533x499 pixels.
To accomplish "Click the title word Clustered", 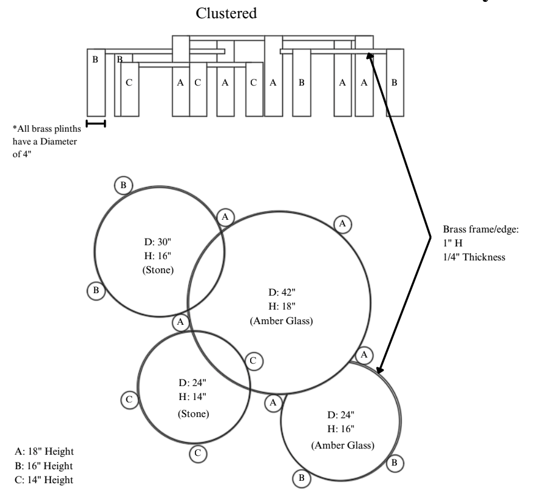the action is point(226,13).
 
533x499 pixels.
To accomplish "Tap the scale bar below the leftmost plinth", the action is point(96,123).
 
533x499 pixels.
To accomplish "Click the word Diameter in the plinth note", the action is point(58,141).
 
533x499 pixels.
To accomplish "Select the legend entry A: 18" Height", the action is point(44,452).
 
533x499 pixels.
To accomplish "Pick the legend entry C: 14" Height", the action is point(44,480).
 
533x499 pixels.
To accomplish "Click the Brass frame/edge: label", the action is point(481,229).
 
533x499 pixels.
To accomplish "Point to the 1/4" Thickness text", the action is point(474,257).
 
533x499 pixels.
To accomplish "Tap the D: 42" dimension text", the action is point(282,293).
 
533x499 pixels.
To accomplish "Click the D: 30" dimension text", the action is point(157,242).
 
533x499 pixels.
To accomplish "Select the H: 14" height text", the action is point(192,396).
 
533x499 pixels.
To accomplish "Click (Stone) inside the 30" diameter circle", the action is point(158,270).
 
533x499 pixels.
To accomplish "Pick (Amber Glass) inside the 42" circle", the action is point(282,321).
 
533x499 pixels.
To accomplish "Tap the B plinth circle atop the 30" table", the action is point(123,185).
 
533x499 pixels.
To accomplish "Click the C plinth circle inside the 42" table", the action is point(253,361).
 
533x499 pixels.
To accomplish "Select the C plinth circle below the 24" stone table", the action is point(198,453).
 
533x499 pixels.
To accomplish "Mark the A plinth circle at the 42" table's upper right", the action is point(342,224).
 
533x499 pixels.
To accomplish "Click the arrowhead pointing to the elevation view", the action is point(370,56).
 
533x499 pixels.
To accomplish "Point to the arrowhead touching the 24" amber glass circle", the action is point(380,370).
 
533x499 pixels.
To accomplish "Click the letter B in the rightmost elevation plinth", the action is point(394,83).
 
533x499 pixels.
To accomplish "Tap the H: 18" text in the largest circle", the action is point(282,307).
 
